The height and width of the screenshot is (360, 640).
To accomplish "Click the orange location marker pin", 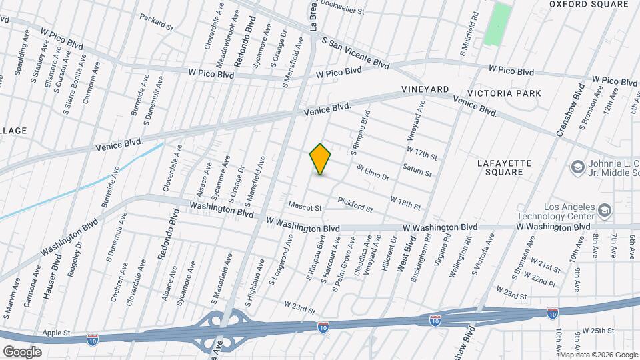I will [321, 159].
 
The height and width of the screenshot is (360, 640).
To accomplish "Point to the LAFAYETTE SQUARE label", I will [504, 167].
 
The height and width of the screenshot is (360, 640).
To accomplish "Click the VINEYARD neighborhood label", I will [425, 89].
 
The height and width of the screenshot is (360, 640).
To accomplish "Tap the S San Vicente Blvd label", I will [355, 53].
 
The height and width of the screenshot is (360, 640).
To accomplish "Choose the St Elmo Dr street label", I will [373, 173].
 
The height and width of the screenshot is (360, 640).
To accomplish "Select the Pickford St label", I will [355, 204].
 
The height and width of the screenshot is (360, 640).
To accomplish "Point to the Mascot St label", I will [305, 207].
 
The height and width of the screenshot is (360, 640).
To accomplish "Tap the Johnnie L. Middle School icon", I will [577, 165].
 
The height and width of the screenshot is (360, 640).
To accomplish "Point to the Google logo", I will [21, 352].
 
